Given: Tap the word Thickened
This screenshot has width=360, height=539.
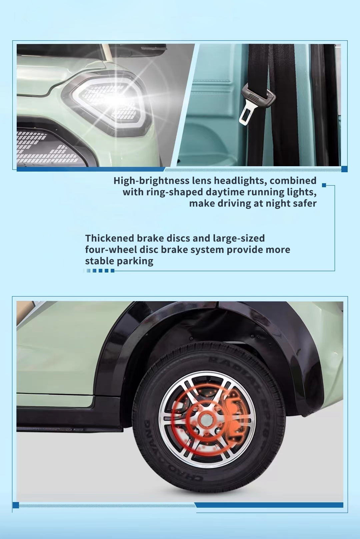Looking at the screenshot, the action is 110,238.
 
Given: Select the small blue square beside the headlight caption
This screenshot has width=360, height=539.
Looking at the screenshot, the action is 324,185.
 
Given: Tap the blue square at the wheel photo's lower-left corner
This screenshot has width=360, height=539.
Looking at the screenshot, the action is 16,505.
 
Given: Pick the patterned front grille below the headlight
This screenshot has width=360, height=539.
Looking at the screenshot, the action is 48,147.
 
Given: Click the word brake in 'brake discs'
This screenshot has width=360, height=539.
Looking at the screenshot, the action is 151,238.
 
